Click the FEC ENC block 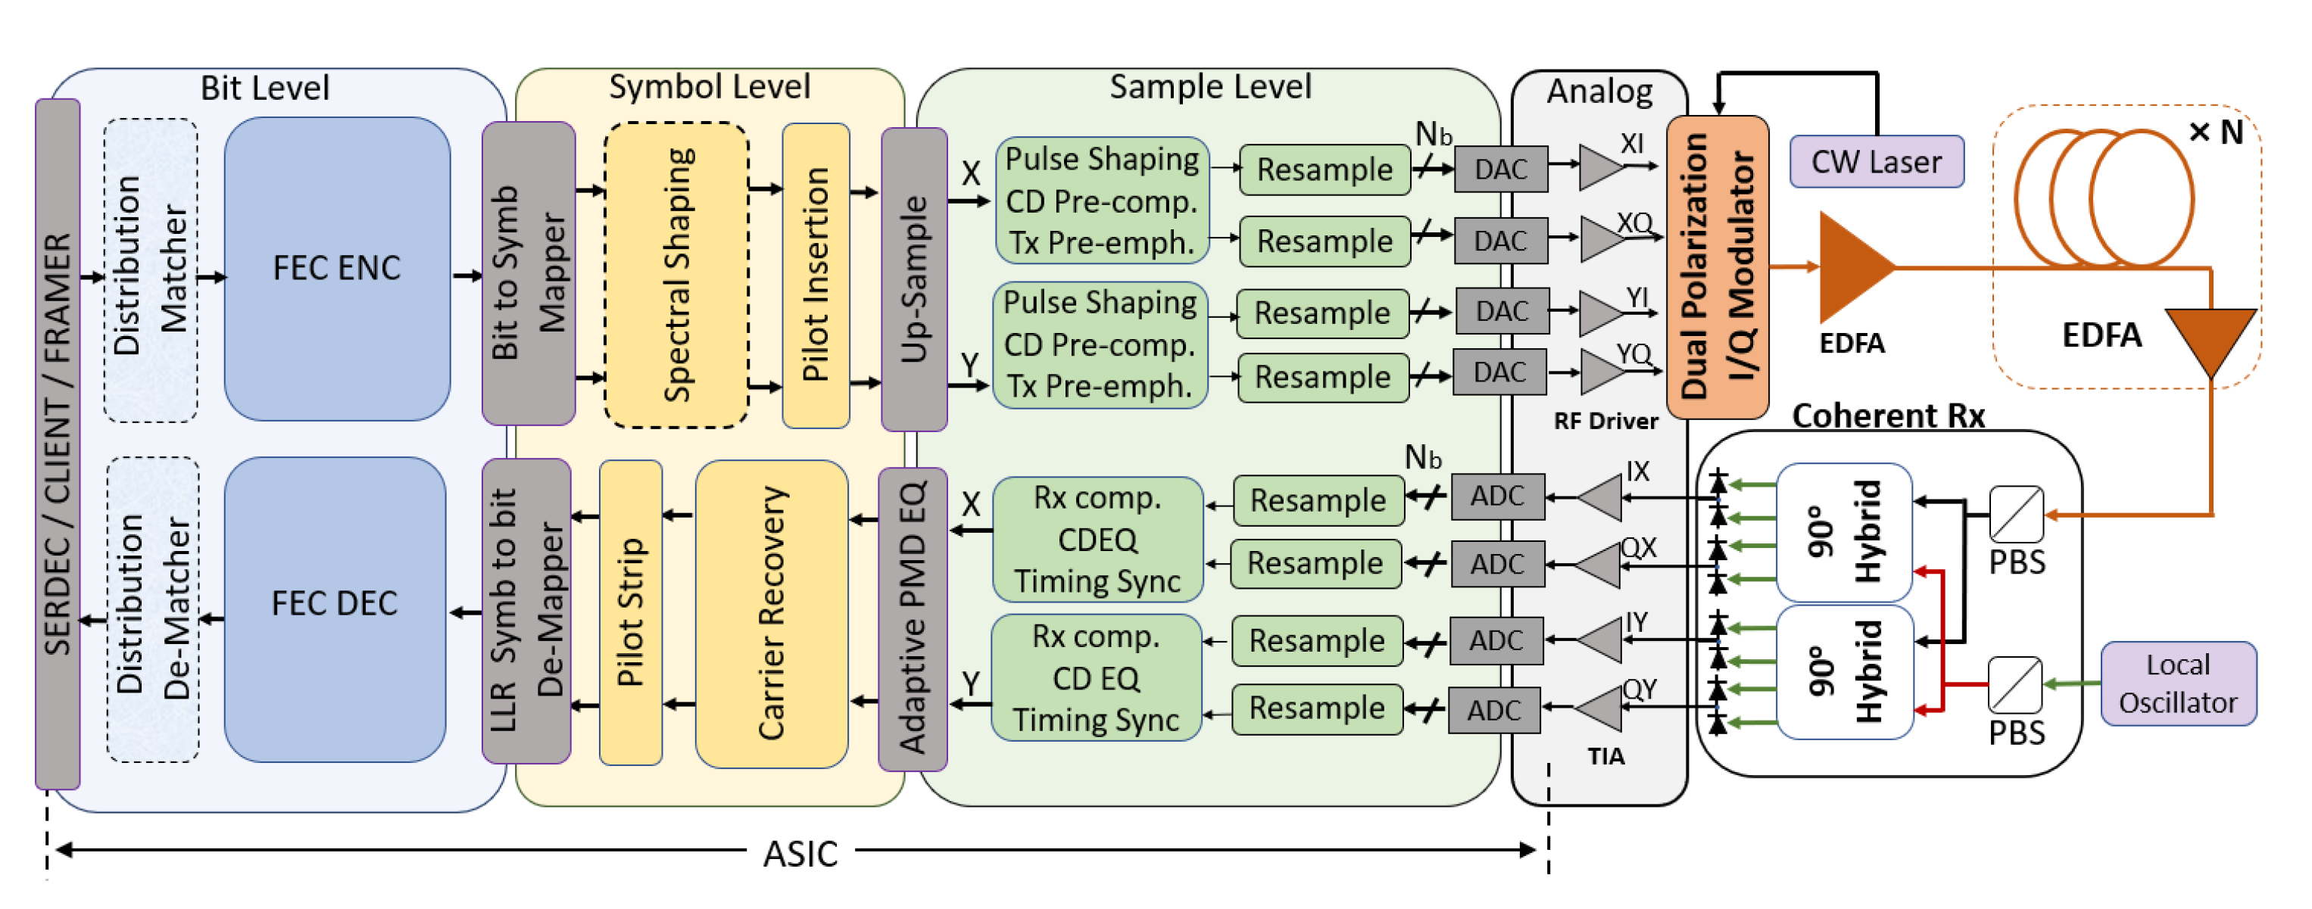[336, 268]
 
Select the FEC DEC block [335, 609]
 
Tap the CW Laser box [1876, 161]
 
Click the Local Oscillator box [2177, 683]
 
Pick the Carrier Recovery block [771, 613]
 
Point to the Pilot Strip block [630, 613]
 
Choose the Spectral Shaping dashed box [677, 275]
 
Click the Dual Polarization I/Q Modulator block [1717, 266]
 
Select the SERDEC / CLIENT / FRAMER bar [58, 444]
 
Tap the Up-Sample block [914, 279]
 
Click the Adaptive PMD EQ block [912, 618]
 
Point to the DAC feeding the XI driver [1501, 169]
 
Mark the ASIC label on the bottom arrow [800, 853]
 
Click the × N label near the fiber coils [2216, 132]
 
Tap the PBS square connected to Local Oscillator [2015, 683]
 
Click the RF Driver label [1605, 421]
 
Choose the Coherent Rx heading [1887, 416]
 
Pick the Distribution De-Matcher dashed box [152, 609]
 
